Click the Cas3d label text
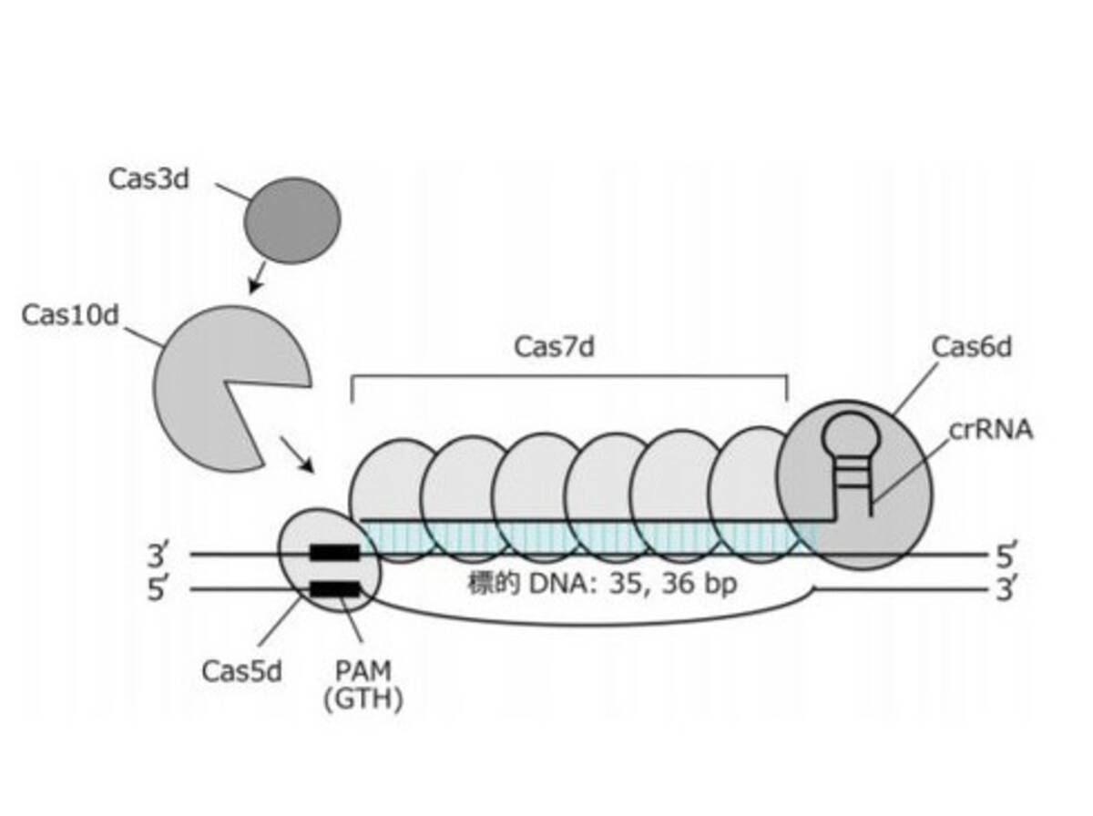[148, 179]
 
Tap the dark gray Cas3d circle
[291, 220]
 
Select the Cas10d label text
[70, 315]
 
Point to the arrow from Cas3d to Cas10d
[258, 278]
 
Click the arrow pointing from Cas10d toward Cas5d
[297, 454]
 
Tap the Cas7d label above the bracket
[554, 346]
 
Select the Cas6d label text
[972, 346]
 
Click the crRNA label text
[991, 430]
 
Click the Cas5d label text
[241, 671]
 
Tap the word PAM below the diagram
[363, 670]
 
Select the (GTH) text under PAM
[363, 699]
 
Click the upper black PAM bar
[334, 553]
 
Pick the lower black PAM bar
[334, 589]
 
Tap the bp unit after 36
[720, 585]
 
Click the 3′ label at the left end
[158, 555]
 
